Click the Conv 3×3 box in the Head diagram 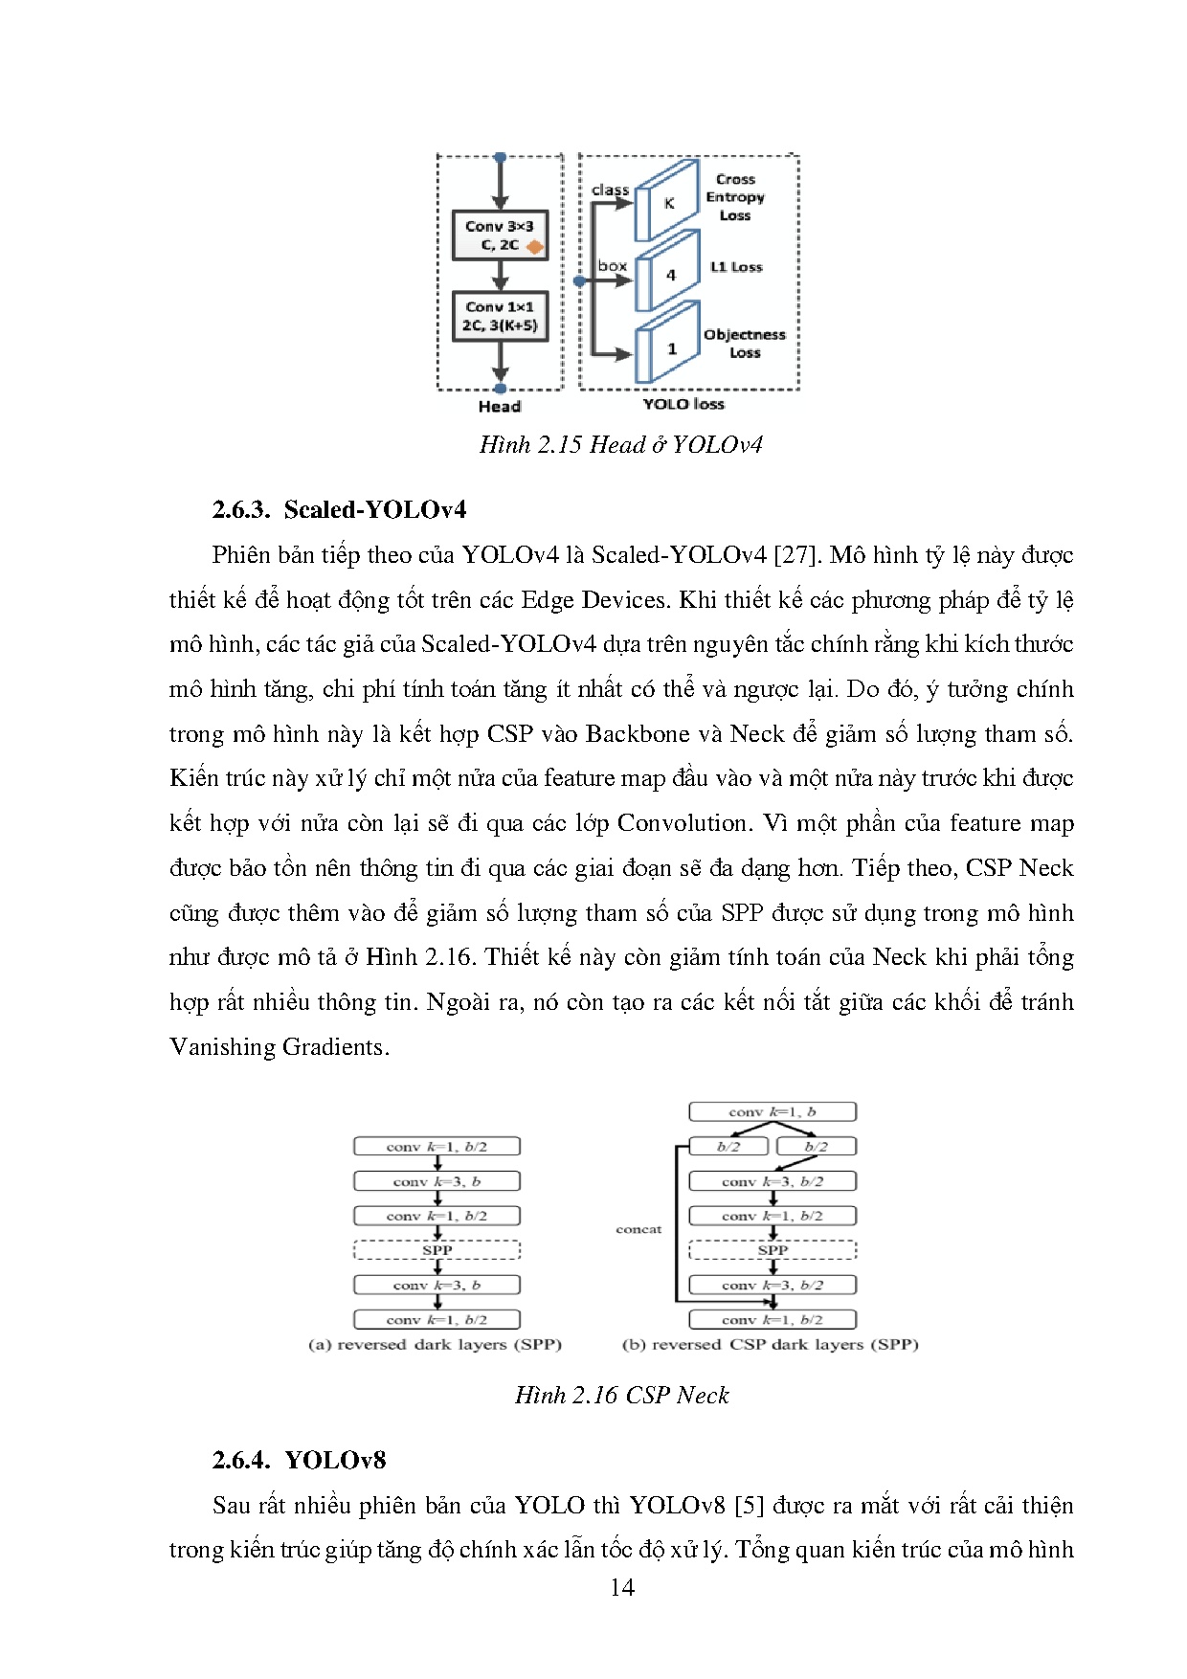point(499,235)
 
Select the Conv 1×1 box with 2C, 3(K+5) point(499,316)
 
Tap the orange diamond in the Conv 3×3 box point(534,246)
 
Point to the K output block point(668,203)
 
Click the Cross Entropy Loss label point(735,197)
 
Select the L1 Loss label point(736,267)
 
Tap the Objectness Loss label point(744,344)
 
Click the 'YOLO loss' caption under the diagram point(683,404)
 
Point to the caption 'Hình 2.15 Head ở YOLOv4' point(620,445)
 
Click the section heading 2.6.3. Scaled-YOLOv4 point(339,509)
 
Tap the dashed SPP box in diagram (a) point(437,1250)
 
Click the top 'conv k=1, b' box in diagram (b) point(772,1112)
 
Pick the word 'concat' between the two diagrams point(638,1229)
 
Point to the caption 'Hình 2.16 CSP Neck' point(621,1396)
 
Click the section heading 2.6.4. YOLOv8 point(299,1460)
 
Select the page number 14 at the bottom point(621,1588)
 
